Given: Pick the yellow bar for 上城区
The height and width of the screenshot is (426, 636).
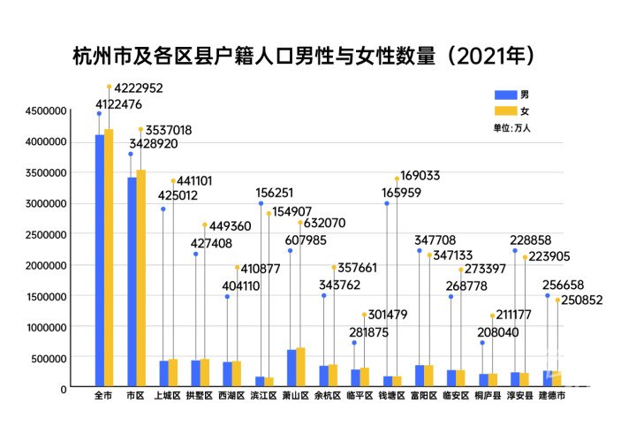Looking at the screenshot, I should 173,373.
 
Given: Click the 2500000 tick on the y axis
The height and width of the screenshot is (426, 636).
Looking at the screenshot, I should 44,234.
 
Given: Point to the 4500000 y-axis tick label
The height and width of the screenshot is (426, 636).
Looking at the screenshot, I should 44,110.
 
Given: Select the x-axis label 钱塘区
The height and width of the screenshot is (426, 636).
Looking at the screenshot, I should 391,397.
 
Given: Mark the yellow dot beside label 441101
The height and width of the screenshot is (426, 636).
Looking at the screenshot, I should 173,181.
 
